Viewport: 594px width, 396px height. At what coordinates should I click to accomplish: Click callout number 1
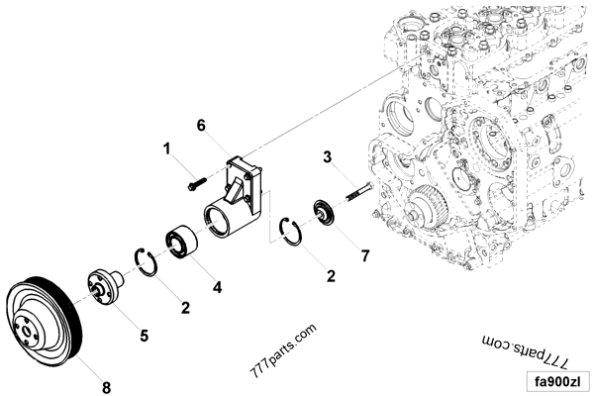(167, 148)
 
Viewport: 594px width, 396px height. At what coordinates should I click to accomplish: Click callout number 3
(326, 155)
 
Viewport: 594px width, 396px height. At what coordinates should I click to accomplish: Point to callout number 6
(201, 125)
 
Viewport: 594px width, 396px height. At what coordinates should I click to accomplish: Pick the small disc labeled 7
(323, 214)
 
